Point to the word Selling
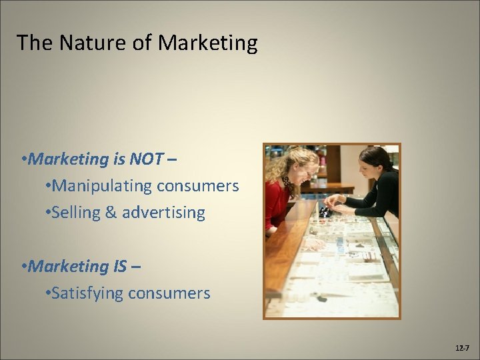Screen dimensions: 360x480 pyautogui.click(x=75, y=213)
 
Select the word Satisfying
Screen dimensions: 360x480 pyautogui.click(x=85, y=293)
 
